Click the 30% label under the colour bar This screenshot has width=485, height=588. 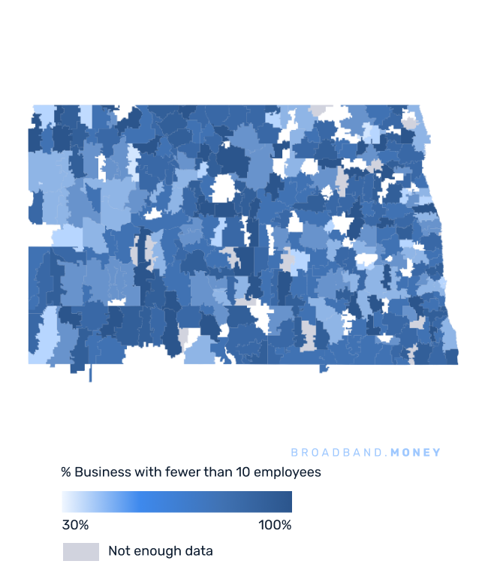point(75,525)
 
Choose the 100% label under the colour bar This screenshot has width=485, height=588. point(275,525)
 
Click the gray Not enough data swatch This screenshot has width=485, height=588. point(81,552)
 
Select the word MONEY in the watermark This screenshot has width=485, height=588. point(417,453)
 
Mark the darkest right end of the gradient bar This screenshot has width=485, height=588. point(288,502)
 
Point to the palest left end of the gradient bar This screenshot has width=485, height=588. point(66,502)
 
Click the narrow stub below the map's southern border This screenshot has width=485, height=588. point(90,373)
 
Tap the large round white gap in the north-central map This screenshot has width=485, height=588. point(223,188)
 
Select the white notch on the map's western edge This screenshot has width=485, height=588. point(39,235)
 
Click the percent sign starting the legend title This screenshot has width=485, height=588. point(66,472)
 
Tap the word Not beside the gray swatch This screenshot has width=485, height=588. point(119,551)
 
